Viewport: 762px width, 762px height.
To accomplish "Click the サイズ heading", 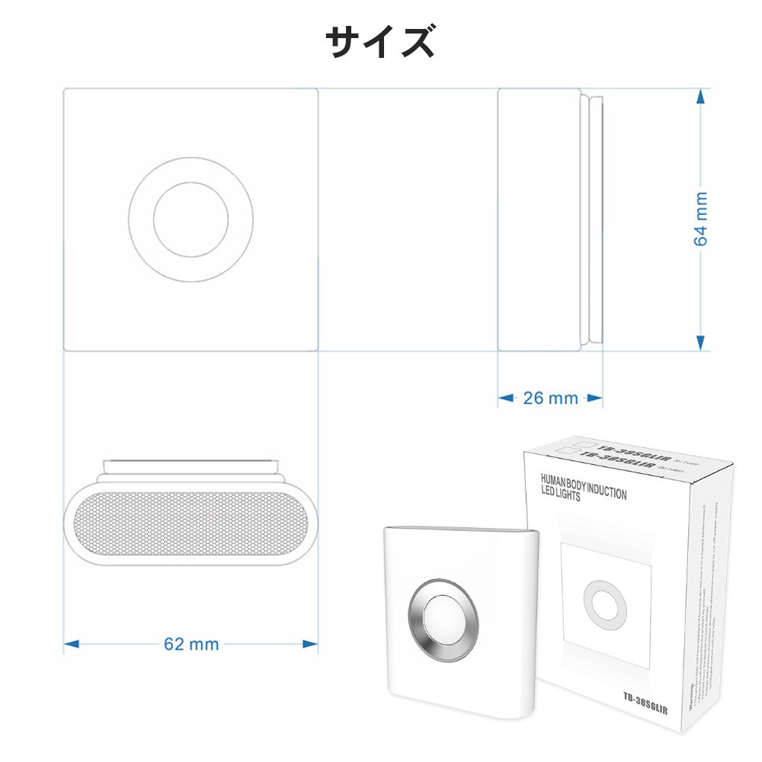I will pos(380,43).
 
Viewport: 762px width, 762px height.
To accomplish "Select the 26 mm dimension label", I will pos(550,398).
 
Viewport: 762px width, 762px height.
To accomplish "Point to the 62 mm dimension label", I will pos(191,645).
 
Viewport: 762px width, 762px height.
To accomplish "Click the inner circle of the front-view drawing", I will pos(190,219).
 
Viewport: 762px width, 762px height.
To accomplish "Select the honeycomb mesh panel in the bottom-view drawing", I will pos(190,528).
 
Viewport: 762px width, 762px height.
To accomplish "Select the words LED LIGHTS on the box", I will pos(559,496).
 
